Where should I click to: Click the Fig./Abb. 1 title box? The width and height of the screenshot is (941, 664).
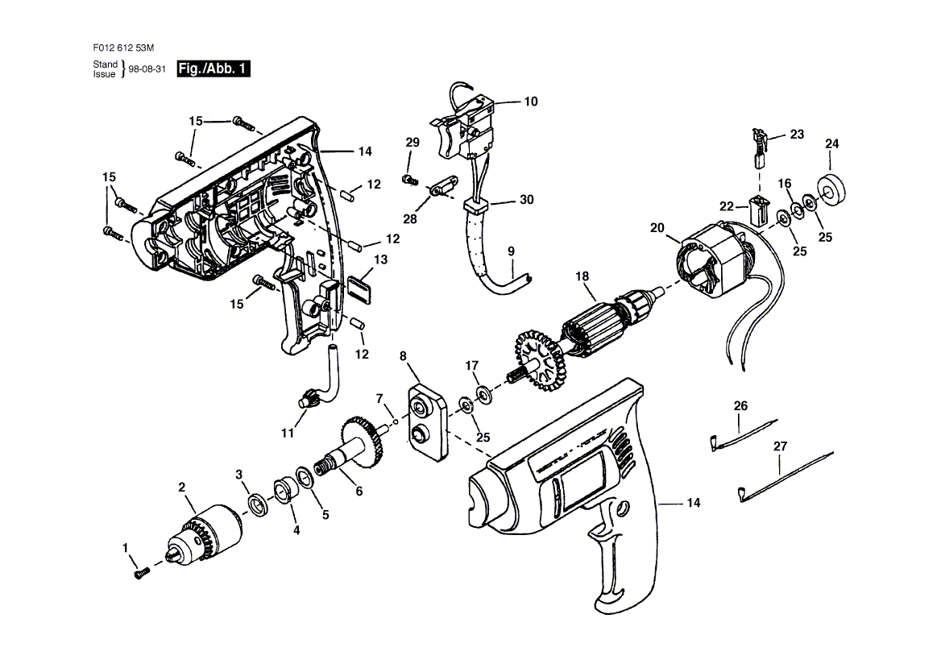coord(213,68)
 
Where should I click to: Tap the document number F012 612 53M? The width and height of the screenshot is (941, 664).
coord(123,48)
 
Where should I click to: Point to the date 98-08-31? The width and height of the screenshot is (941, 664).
coord(147,69)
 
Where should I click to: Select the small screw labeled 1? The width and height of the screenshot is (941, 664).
coord(141,574)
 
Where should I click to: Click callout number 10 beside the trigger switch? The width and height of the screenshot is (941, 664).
coord(531,102)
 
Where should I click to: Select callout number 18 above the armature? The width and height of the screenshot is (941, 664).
coord(582,276)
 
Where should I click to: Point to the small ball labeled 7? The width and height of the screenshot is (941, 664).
coord(396,422)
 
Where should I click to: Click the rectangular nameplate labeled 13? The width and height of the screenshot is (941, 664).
coord(359,288)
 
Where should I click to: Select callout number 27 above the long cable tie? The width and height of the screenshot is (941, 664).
coord(780,446)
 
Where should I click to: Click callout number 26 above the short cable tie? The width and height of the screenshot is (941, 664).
coord(741,406)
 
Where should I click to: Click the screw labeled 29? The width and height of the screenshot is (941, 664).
coord(409,179)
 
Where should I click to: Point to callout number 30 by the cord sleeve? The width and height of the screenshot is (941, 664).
coord(526,199)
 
